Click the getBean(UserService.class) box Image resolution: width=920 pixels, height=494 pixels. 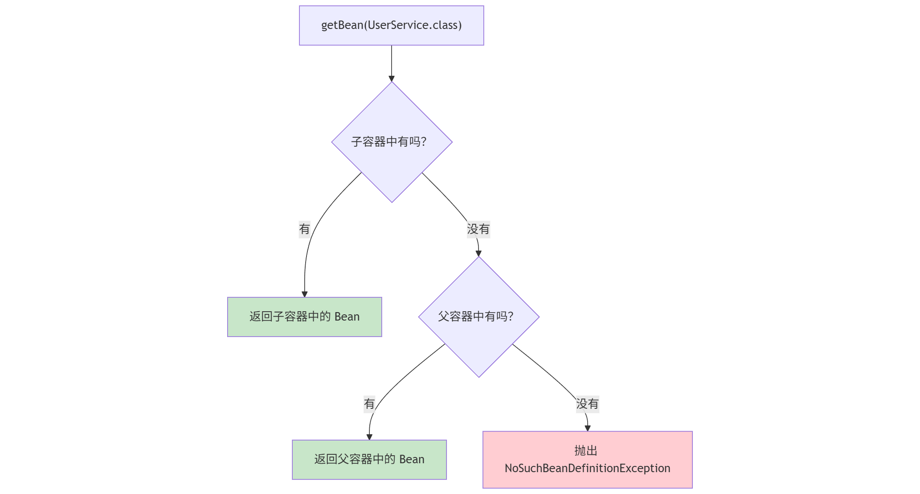(391, 25)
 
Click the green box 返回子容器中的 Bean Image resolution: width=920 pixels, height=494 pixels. (304, 317)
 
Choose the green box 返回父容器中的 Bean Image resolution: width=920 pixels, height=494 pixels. (369, 460)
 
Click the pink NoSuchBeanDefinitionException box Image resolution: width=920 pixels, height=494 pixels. (587, 460)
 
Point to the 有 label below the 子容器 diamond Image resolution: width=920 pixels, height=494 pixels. (304, 229)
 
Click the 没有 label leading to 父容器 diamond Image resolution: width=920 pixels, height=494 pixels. (478, 229)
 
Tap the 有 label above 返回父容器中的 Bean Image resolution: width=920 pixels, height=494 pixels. (369, 404)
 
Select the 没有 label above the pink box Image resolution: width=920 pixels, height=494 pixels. (587, 404)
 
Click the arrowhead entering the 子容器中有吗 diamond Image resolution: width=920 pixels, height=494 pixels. (392, 78)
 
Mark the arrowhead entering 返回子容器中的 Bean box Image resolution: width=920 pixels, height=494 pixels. (305, 294)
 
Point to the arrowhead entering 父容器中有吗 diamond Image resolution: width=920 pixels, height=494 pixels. (478, 253)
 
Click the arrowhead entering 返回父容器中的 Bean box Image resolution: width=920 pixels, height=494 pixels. (369, 437)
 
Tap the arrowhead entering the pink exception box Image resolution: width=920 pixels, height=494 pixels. (587, 428)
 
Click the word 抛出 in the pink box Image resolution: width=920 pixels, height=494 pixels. (586, 451)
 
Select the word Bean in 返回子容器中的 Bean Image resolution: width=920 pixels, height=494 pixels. (347, 317)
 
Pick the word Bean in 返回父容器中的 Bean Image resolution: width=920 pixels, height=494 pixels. (412, 460)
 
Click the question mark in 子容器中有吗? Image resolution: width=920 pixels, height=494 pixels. (424, 142)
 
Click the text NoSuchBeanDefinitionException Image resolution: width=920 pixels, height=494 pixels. (587, 469)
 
